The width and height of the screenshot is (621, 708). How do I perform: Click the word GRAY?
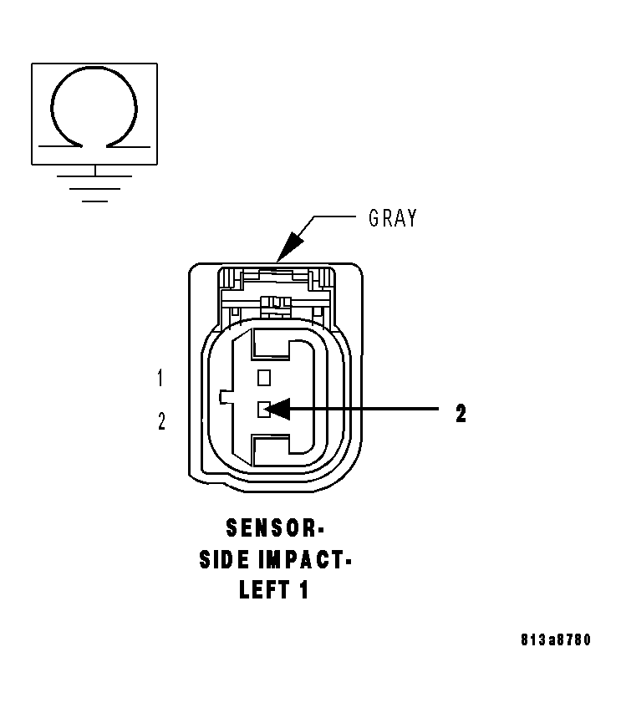coord(392,219)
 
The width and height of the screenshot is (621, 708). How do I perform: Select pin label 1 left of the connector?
coord(160,379)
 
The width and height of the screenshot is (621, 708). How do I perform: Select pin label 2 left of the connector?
coord(161,421)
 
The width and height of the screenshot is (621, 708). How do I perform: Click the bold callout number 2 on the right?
coord(461,413)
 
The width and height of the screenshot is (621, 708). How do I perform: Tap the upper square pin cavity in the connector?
coord(264,377)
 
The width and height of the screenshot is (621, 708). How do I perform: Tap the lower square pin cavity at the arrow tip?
coord(262,408)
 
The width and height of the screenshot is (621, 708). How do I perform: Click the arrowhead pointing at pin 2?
coord(279,409)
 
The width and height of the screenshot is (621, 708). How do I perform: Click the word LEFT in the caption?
coord(262,589)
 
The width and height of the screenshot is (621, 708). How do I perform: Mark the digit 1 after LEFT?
coord(303,589)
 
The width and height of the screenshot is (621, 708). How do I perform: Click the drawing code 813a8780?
coord(554,640)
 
